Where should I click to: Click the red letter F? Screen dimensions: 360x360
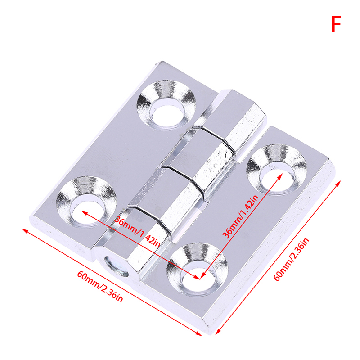pos(336,24)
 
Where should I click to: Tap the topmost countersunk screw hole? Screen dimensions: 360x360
pos(166,105)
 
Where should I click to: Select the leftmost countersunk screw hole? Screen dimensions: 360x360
pos(86,202)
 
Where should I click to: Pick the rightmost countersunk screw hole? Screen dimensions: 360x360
pos(276,170)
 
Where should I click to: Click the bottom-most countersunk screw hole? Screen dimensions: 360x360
pos(197,269)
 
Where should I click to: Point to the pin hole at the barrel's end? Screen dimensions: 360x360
pos(116,266)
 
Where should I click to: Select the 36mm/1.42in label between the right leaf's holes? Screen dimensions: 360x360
pos(241,217)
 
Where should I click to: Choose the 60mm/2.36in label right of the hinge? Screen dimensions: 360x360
pos(292,260)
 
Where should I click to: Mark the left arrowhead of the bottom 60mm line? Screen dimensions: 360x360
pos(25,230)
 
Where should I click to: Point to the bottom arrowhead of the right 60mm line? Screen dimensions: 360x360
pos(218,332)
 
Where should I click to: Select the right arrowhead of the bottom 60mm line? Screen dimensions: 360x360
pos(199,334)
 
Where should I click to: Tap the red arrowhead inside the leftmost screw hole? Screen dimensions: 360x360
pos(84,212)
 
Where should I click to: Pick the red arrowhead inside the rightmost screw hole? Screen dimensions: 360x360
pos(280,176)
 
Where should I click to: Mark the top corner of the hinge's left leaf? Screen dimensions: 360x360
pos(162,61)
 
